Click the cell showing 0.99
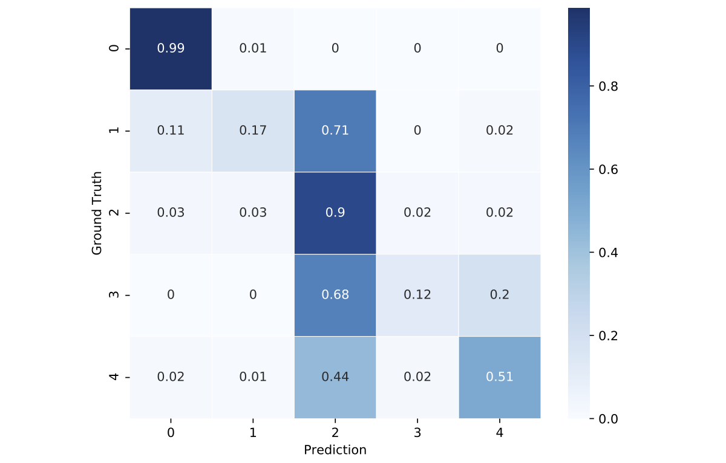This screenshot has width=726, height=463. click(171, 48)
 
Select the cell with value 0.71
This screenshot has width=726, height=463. click(335, 131)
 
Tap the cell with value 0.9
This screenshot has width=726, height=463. click(335, 213)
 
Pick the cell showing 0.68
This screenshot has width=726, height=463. click(335, 295)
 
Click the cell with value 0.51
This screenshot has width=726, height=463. click(500, 377)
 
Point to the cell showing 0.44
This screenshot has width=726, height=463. click(335, 377)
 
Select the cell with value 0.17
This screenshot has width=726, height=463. click(253, 131)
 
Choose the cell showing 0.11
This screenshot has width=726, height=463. click(171, 131)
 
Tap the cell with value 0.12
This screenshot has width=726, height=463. click(417, 295)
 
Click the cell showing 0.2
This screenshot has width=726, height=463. click(500, 295)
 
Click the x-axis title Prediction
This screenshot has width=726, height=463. click(335, 450)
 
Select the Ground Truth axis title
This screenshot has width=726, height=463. click(97, 213)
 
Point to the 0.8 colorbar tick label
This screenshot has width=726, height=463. click(607, 86)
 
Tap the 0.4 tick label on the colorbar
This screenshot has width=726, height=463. click(607, 253)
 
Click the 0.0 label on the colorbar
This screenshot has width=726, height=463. click(607, 418)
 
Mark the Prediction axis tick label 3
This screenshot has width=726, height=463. click(417, 433)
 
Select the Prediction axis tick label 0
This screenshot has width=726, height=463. click(171, 433)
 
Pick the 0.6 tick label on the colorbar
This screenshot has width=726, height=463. click(607, 170)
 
